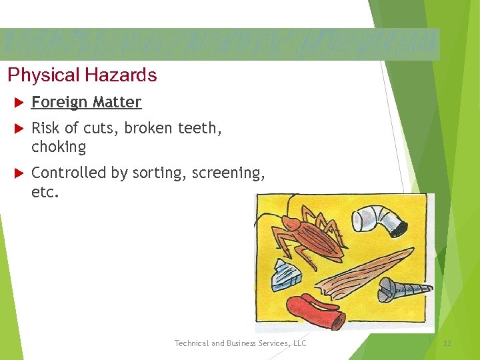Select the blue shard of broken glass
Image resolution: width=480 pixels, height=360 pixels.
pyautogui.click(x=286, y=275)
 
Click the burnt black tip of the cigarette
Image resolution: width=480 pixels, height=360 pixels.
pyautogui.click(x=398, y=229)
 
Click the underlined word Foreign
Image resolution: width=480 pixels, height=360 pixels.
pyautogui.click(x=59, y=103)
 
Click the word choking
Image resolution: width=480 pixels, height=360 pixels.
pyautogui.click(x=59, y=147)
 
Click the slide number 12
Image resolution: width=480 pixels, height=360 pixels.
pyautogui.click(x=447, y=343)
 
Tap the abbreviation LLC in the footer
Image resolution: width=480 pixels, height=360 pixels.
pyautogui.click(x=299, y=343)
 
